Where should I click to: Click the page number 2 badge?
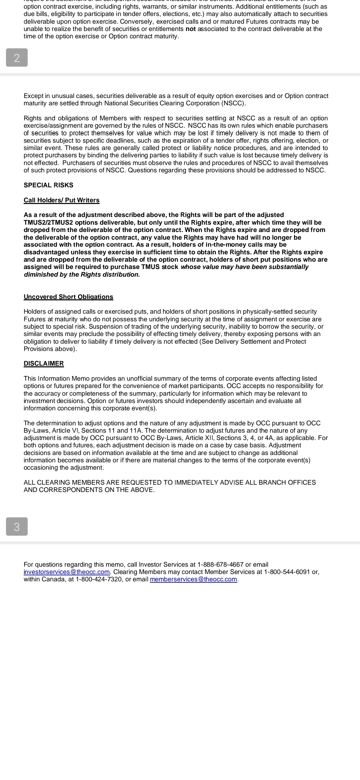[17, 58]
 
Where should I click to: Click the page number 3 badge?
[17, 527]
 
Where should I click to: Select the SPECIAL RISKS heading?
[48, 185]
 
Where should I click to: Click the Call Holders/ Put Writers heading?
[61, 200]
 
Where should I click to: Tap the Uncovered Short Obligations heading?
[68, 297]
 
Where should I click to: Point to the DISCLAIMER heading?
[44, 364]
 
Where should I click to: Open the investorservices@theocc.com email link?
[67, 572]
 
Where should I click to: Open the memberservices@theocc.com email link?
[193, 579]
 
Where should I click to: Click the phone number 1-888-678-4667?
[220, 565]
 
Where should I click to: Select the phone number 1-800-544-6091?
[287, 572]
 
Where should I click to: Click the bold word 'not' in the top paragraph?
[191, 29]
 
